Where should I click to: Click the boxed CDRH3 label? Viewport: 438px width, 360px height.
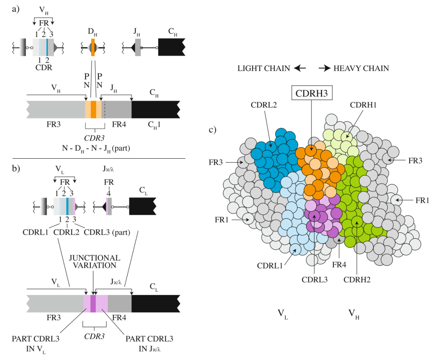tap(312, 93)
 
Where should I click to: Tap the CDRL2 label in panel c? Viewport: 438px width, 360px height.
tap(264, 105)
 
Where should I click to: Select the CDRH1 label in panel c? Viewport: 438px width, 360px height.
tap(363, 105)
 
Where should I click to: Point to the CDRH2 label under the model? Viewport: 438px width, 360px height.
tap(357, 280)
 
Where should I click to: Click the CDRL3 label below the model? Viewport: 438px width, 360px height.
tap(315, 280)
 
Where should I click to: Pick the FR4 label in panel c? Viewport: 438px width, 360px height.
tap(339, 264)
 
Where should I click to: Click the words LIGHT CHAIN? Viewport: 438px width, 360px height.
tap(264, 69)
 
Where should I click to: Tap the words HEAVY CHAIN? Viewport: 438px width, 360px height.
tap(361, 69)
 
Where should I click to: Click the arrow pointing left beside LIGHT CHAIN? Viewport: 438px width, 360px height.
tap(300, 68)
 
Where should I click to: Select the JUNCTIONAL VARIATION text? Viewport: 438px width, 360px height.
tap(94, 262)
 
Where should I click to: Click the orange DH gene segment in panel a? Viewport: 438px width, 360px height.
tap(93, 47)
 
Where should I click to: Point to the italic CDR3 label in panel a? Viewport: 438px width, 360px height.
tap(94, 138)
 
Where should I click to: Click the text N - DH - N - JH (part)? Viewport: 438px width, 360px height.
tap(96, 148)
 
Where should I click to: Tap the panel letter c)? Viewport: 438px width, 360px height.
tap(213, 130)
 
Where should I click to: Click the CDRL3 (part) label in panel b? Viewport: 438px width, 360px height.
tap(107, 233)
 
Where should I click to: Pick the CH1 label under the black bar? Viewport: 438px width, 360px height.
tap(154, 125)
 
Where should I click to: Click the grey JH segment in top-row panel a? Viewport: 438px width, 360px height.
tap(138, 47)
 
